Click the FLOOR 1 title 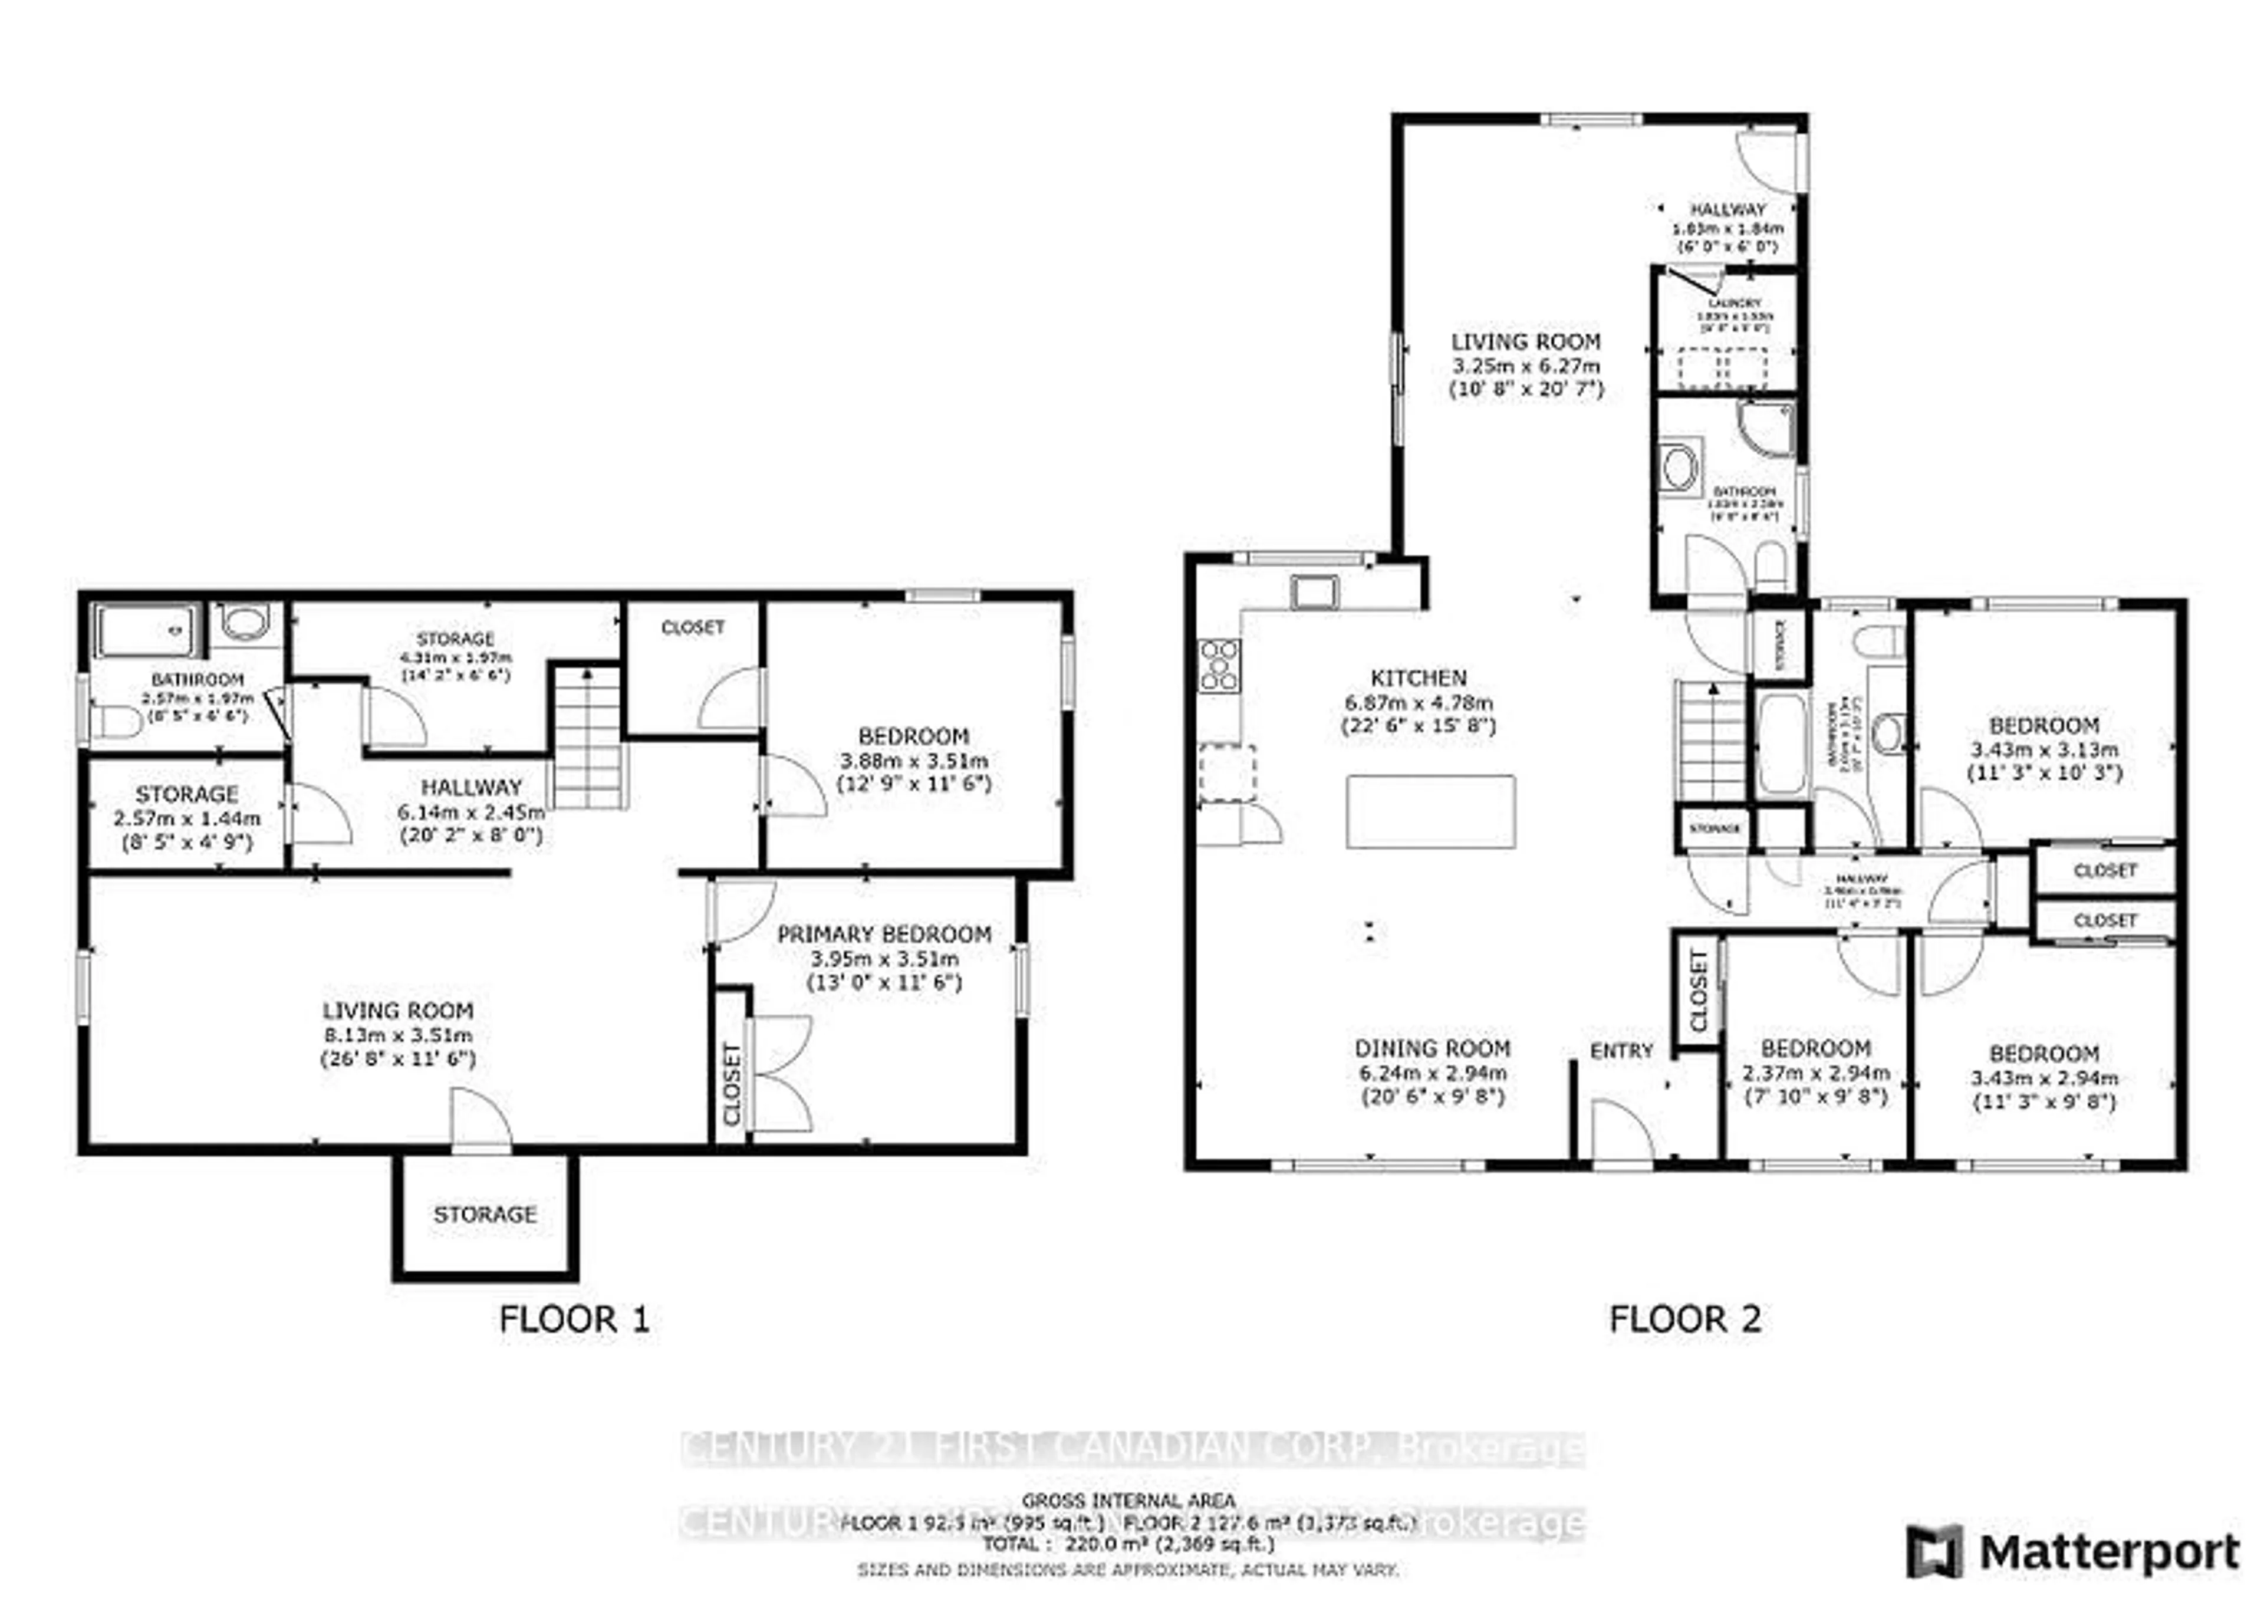point(574,1319)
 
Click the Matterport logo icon point(1933,1552)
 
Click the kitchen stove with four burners point(1219,666)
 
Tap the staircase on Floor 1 point(588,738)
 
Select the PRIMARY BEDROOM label point(884,934)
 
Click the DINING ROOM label point(1432,1048)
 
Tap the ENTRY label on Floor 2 point(1621,1051)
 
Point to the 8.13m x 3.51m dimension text point(397,1035)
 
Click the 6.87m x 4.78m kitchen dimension point(1419,702)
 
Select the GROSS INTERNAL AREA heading point(1127,1501)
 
